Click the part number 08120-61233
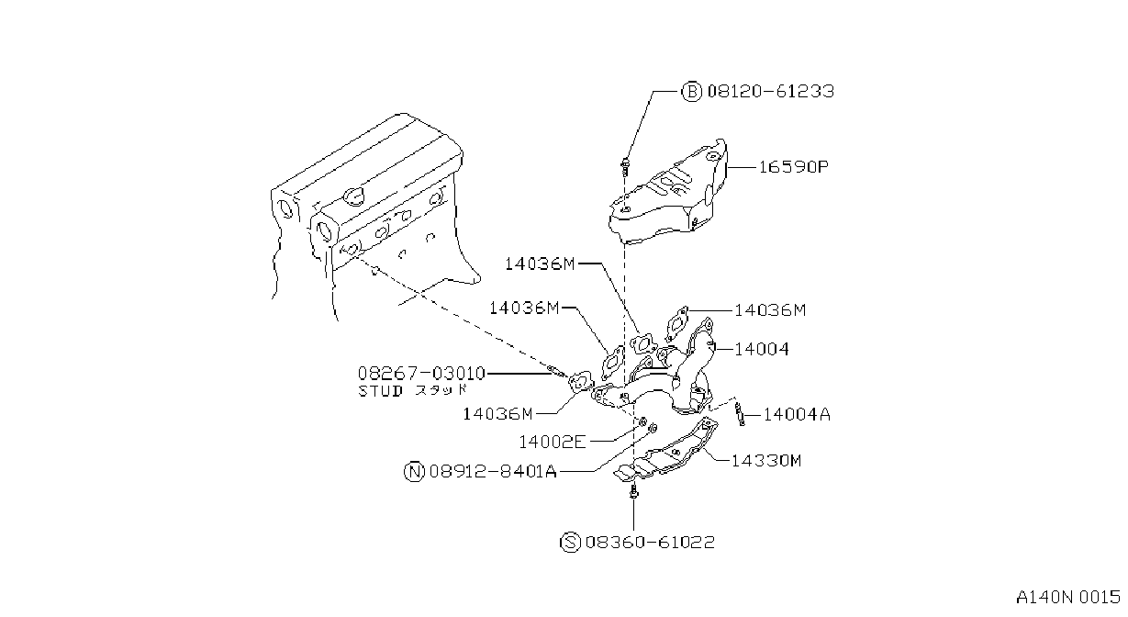click(770, 91)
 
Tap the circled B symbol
click(691, 92)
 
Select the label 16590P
click(793, 167)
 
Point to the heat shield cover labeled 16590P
click(670, 194)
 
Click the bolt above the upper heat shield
click(625, 165)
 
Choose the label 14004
click(762, 349)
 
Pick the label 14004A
click(797, 414)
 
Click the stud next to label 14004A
click(740, 413)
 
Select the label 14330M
click(765, 460)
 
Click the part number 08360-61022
click(650, 543)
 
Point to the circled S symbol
click(570, 543)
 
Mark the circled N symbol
click(415, 472)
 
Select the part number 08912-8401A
click(493, 472)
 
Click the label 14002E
click(553, 443)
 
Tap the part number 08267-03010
click(421, 373)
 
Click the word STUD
click(380, 391)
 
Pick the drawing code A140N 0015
click(1068, 598)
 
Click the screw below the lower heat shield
click(633, 491)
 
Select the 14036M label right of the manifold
click(770, 310)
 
